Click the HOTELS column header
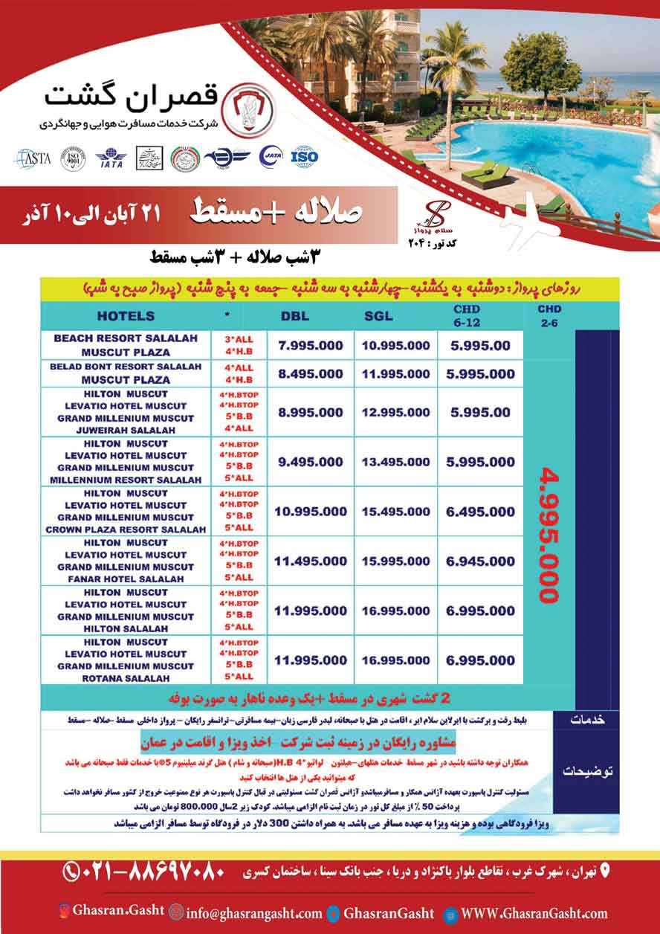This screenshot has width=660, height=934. (x=126, y=316)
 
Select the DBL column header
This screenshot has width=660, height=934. (x=294, y=316)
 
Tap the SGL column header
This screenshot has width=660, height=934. (x=378, y=316)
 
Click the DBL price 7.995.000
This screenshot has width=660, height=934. (x=311, y=346)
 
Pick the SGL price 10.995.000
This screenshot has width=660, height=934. (x=395, y=346)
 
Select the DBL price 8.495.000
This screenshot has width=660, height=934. (x=311, y=374)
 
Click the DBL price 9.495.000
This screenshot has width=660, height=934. (x=311, y=462)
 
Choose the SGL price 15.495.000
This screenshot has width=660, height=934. (x=395, y=512)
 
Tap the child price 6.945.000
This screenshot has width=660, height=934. (x=481, y=561)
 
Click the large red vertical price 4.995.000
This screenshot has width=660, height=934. (x=550, y=535)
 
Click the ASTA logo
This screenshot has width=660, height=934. (x=32, y=158)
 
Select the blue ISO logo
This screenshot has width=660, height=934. (x=303, y=157)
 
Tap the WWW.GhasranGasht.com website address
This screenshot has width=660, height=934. (x=534, y=914)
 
